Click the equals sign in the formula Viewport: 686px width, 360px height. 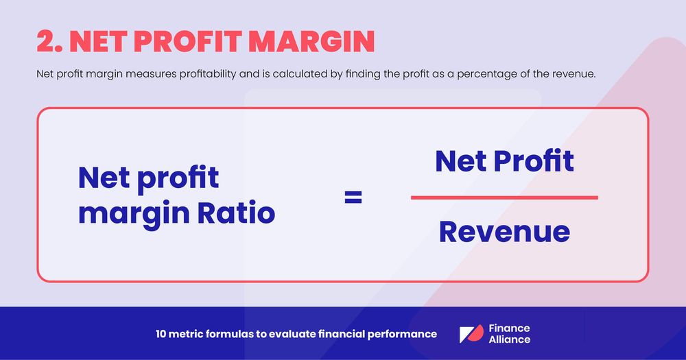[353, 198]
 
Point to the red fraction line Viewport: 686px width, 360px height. [504, 197]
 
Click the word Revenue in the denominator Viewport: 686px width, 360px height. [504, 232]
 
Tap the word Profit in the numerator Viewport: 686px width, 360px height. [535, 161]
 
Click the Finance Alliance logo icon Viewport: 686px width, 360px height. [471, 335]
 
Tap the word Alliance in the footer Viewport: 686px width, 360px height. [509, 339]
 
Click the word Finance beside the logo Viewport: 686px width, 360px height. [509, 328]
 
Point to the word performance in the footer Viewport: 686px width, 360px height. [403, 335]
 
